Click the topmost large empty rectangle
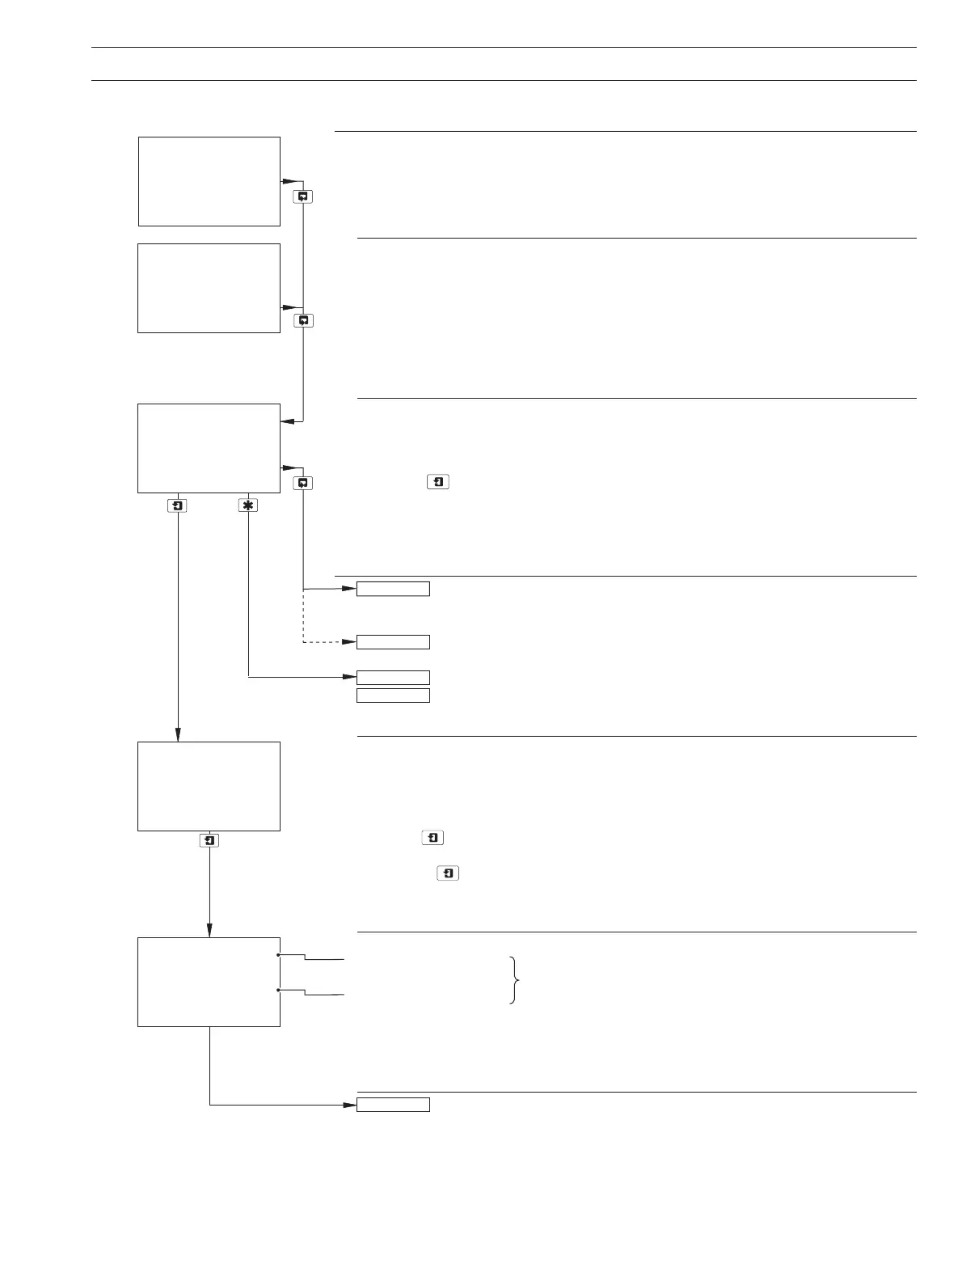[209, 181]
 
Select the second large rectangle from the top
[209, 288]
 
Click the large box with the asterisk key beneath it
[209, 448]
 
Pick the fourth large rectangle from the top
[209, 786]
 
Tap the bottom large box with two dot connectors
[209, 982]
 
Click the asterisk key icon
[248, 505]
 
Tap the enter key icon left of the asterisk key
[178, 505]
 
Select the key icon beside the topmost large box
[303, 197]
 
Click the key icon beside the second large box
[303, 320]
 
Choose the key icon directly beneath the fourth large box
[209, 840]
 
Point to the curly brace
[514, 979]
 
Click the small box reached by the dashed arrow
[393, 642]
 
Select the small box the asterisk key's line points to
[393, 677]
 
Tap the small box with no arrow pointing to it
[393, 695]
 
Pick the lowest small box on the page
[393, 1105]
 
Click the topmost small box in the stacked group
[393, 589]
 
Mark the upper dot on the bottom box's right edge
[279, 955]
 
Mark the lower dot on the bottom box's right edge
[279, 989]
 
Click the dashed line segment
[323, 642]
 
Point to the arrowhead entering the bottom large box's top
[209, 931]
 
